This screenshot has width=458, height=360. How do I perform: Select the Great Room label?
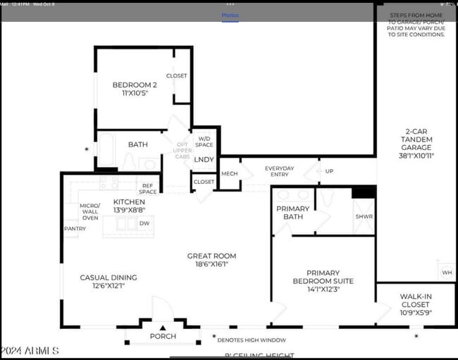tap(211, 260)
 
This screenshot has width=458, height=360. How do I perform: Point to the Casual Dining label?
tap(109, 281)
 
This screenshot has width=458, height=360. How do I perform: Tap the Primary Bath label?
tap(292, 213)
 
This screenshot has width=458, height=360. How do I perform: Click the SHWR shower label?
tap(364, 217)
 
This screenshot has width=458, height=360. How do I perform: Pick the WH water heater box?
tap(447, 273)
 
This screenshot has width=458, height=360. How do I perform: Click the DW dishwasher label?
tap(144, 223)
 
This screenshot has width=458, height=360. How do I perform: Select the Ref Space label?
tap(148, 189)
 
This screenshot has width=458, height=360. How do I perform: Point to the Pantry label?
tap(75, 228)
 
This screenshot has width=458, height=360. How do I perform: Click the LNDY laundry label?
tap(204, 159)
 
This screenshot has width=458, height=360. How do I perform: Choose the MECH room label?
tap(229, 173)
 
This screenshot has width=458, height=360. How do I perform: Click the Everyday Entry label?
tap(279, 172)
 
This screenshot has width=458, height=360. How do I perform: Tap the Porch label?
tap(163, 336)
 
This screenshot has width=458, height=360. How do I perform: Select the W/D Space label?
tap(205, 142)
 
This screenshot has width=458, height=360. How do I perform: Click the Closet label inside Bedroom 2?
tap(176, 76)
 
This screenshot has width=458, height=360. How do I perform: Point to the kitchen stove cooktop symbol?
tap(109, 183)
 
